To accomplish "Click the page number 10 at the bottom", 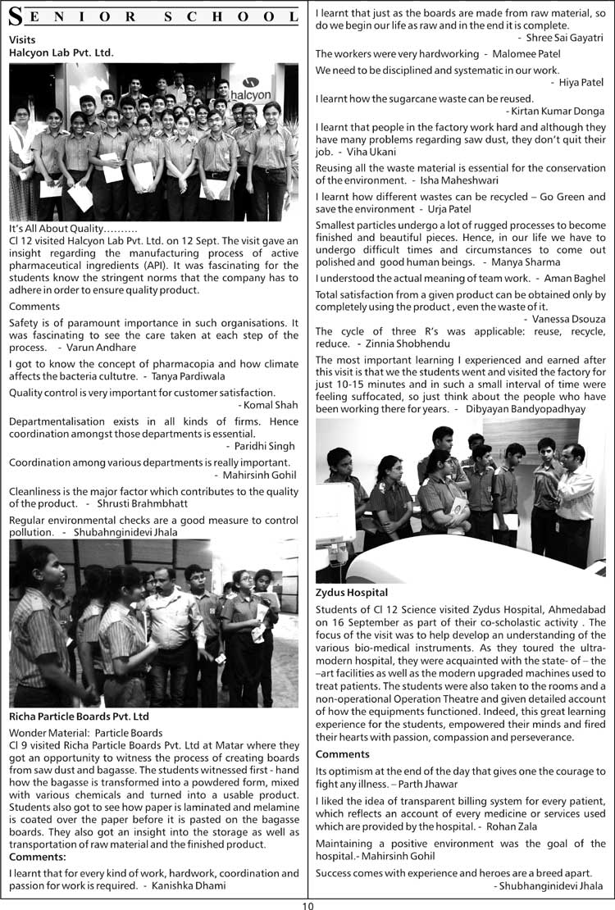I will pyautogui.click(x=307, y=904).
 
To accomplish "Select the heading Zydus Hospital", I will pyautogui.click(x=352, y=592).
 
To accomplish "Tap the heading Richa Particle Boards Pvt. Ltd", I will pyautogui.click(x=80, y=717).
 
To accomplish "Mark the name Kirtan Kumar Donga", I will pyautogui.click(x=558, y=111).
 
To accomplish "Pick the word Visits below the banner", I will pyautogui.click(x=22, y=39).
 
